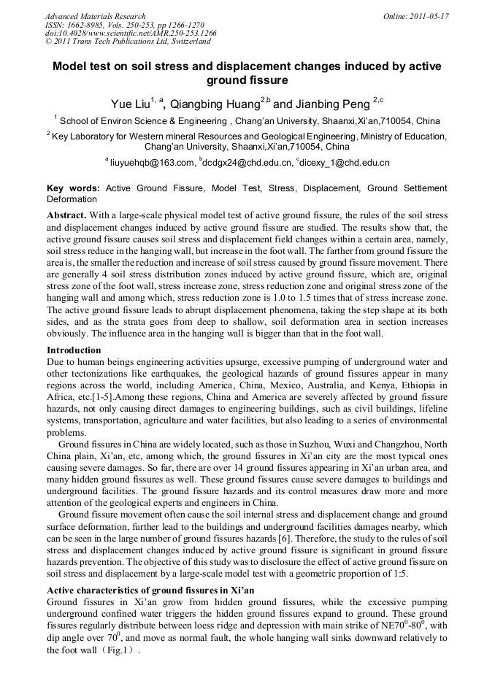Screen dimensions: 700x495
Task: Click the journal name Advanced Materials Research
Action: (96, 16)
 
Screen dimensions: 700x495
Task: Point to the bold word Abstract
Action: (67, 215)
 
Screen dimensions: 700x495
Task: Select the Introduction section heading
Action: (74, 350)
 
